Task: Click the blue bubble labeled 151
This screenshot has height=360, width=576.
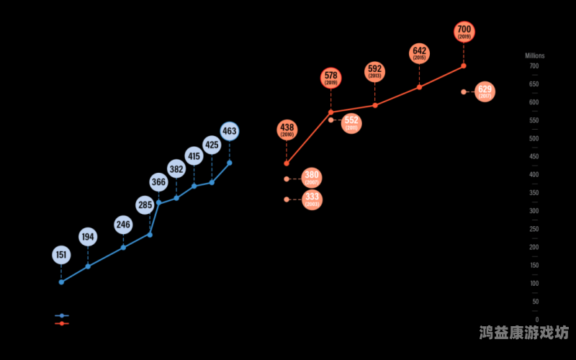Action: (x=61, y=255)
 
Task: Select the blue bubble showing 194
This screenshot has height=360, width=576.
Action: (x=88, y=237)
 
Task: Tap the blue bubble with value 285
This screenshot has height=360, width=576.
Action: (x=145, y=206)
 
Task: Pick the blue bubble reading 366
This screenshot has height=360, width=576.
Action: (x=158, y=182)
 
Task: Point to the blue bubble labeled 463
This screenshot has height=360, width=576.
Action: (x=229, y=131)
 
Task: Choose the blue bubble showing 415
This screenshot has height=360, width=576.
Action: (x=194, y=156)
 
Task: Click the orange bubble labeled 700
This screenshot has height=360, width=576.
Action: (x=464, y=32)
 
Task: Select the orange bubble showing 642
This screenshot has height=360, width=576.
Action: (x=420, y=53)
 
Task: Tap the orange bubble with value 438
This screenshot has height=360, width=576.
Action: (x=287, y=130)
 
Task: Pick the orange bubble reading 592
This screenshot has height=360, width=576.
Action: (x=374, y=71)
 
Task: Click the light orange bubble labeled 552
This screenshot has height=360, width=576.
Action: (x=351, y=123)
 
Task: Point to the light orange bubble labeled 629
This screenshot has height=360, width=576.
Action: (x=485, y=91)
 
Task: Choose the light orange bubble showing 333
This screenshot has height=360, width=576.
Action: (x=312, y=199)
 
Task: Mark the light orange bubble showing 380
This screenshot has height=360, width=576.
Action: (x=312, y=178)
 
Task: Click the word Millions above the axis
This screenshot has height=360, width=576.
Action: (x=534, y=55)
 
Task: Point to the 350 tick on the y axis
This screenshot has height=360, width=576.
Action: (x=534, y=193)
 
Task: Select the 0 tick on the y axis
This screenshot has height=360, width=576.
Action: (x=536, y=320)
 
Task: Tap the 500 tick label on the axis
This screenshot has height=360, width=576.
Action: (x=534, y=138)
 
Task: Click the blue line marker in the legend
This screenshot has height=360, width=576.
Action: (x=62, y=315)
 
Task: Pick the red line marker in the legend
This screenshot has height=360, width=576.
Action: (x=62, y=323)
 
